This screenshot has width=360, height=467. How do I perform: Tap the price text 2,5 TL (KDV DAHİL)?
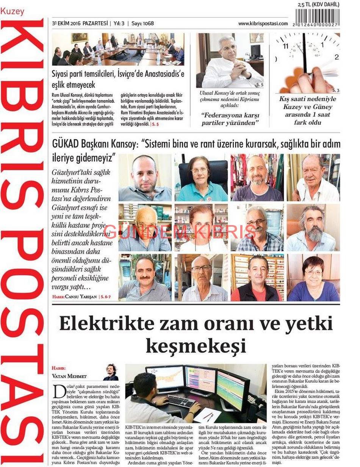(318, 5)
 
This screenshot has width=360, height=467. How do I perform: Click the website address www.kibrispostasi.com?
(263, 24)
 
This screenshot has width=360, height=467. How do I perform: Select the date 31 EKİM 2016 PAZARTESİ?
(80, 24)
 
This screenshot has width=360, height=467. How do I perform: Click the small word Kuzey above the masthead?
(12, 12)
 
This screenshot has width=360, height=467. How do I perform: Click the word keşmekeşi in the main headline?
(196, 346)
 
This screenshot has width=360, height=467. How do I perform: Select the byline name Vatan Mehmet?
(69, 376)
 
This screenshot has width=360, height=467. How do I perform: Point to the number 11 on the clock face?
(286, 46)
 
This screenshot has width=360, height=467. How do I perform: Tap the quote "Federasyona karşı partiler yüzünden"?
(230, 119)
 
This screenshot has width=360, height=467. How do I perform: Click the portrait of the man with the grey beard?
(313, 228)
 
